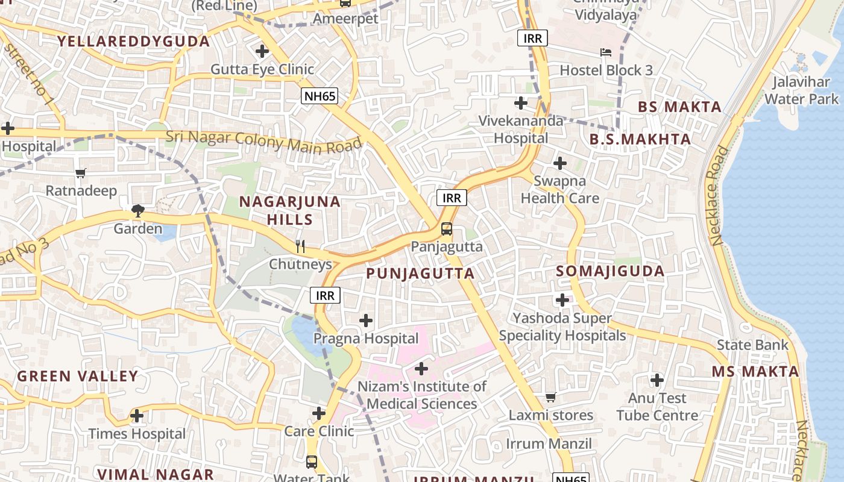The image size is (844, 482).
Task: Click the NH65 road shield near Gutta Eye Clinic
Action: pos(320,95)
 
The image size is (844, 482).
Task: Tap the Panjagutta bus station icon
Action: pos(446,229)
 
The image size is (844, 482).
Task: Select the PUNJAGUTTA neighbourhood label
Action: pos(420,274)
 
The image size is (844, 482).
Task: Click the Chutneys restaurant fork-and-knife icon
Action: pos(300,246)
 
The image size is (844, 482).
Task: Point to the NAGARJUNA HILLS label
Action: pos(290,210)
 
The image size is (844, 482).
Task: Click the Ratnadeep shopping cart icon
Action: pos(81,174)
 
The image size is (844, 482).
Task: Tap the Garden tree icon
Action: pos(138,211)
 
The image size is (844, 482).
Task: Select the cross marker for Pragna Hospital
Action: pos(366,321)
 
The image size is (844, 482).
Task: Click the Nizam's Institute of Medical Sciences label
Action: pos(422,395)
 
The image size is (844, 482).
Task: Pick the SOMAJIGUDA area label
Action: pos(610,271)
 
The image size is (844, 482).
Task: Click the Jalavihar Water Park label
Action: pos(801,90)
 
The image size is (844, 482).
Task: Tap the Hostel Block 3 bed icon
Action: pos(606,52)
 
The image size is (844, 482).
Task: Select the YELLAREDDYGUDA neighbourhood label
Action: pos(133,42)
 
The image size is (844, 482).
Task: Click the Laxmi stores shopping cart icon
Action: pos(550,397)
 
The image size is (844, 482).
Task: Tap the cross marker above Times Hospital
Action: pos(137,416)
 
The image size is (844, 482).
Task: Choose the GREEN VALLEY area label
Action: pos(78,377)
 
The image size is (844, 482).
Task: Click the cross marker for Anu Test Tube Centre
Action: pos(657,380)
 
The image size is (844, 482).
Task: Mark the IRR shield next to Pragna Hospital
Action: pos(326,295)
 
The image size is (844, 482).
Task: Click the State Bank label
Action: pos(752,345)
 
